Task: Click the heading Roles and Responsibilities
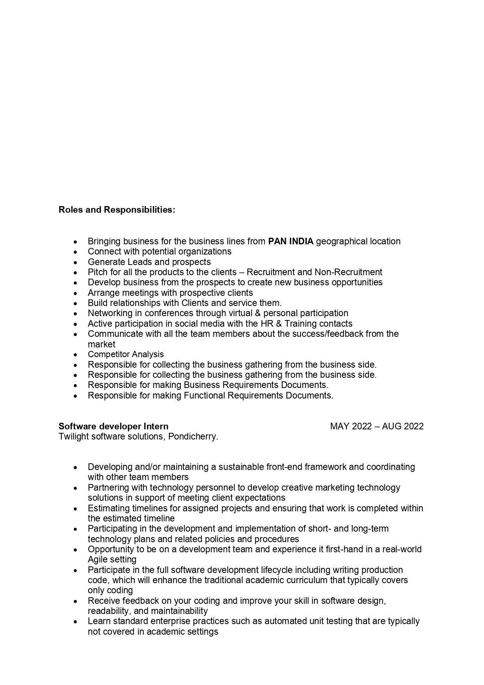[117, 210]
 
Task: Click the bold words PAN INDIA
[291, 242]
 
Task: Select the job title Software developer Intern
[114, 426]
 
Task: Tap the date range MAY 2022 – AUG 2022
[377, 426]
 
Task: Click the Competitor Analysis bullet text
[126, 354]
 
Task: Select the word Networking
[110, 313]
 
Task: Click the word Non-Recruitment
[348, 272]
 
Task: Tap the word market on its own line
[101, 344]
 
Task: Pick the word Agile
[98, 560]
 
